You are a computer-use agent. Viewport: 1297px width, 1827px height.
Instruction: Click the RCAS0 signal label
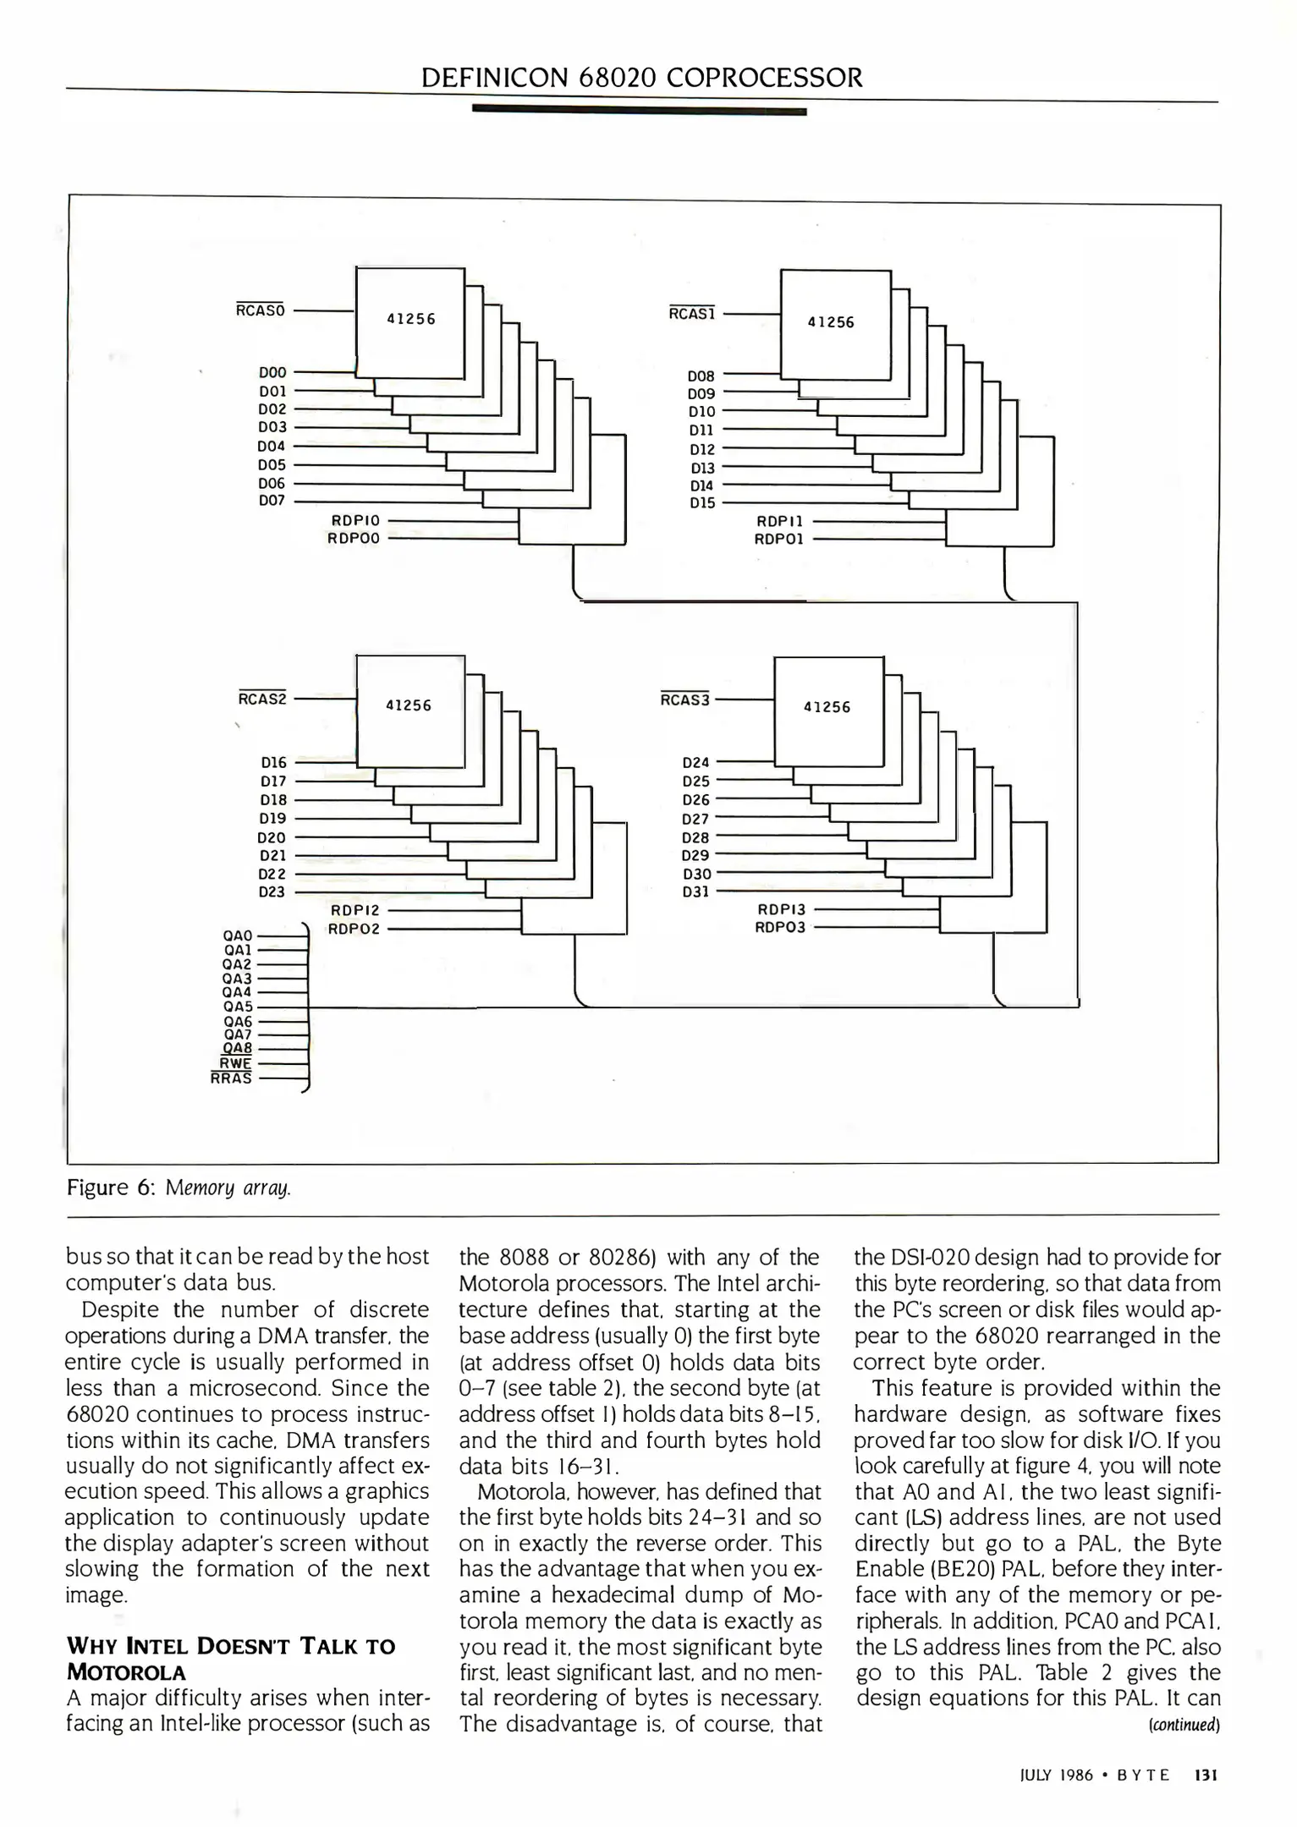[261, 310]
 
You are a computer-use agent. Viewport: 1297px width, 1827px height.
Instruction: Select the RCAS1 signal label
[692, 314]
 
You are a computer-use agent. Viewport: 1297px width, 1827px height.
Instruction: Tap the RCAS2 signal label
[262, 699]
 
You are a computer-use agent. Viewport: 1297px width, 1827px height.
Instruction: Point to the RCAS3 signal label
[685, 700]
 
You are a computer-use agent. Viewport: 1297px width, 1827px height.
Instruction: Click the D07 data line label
[272, 501]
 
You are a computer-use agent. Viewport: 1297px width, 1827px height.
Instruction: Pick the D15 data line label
[702, 503]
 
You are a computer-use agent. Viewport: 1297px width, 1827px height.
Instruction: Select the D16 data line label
[273, 762]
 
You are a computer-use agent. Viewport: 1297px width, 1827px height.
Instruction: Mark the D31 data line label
[695, 892]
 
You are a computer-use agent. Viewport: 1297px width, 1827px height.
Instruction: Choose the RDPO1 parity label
[779, 539]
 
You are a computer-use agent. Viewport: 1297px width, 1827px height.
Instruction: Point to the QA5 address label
[238, 1007]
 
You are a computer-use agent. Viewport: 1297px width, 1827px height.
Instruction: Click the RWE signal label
[235, 1063]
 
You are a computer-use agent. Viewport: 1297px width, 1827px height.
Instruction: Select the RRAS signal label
[231, 1078]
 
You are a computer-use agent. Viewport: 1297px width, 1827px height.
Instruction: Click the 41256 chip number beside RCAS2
[409, 705]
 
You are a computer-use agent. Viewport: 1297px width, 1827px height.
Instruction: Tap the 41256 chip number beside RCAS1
[831, 322]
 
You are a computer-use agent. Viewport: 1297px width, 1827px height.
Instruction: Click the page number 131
[1205, 1775]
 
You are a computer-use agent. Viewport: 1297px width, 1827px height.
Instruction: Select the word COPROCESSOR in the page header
[765, 78]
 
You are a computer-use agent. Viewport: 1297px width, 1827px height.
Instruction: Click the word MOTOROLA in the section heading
[126, 1672]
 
